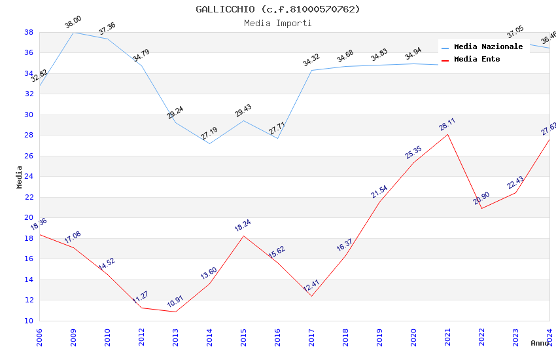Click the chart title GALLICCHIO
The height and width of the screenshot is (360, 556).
click(x=277, y=9)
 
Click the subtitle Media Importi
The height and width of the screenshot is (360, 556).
click(x=277, y=23)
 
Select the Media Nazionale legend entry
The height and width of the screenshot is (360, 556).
click(x=488, y=46)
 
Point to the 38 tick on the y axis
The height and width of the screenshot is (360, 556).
click(x=29, y=32)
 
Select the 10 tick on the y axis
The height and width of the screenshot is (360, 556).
click(x=29, y=321)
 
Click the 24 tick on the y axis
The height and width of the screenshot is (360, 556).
click(x=29, y=177)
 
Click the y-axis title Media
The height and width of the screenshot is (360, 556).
click(x=20, y=177)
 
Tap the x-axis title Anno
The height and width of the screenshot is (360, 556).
click(x=540, y=343)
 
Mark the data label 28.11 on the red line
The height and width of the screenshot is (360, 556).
click(x=447, y=124)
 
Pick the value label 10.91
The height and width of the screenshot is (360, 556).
click(x=175, y=302)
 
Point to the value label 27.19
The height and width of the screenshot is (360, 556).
click(x=209, y=134)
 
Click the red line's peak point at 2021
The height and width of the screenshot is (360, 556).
click(x=447, y=134)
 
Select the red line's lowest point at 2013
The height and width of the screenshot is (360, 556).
click(x=175, y=312)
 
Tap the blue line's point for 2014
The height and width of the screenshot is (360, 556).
click(x=209, y=143)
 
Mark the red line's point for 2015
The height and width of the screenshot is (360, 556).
click(x=243, y=236)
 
